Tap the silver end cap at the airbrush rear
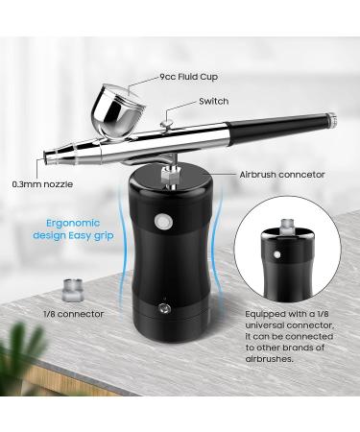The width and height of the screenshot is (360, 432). tap(330, 121)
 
